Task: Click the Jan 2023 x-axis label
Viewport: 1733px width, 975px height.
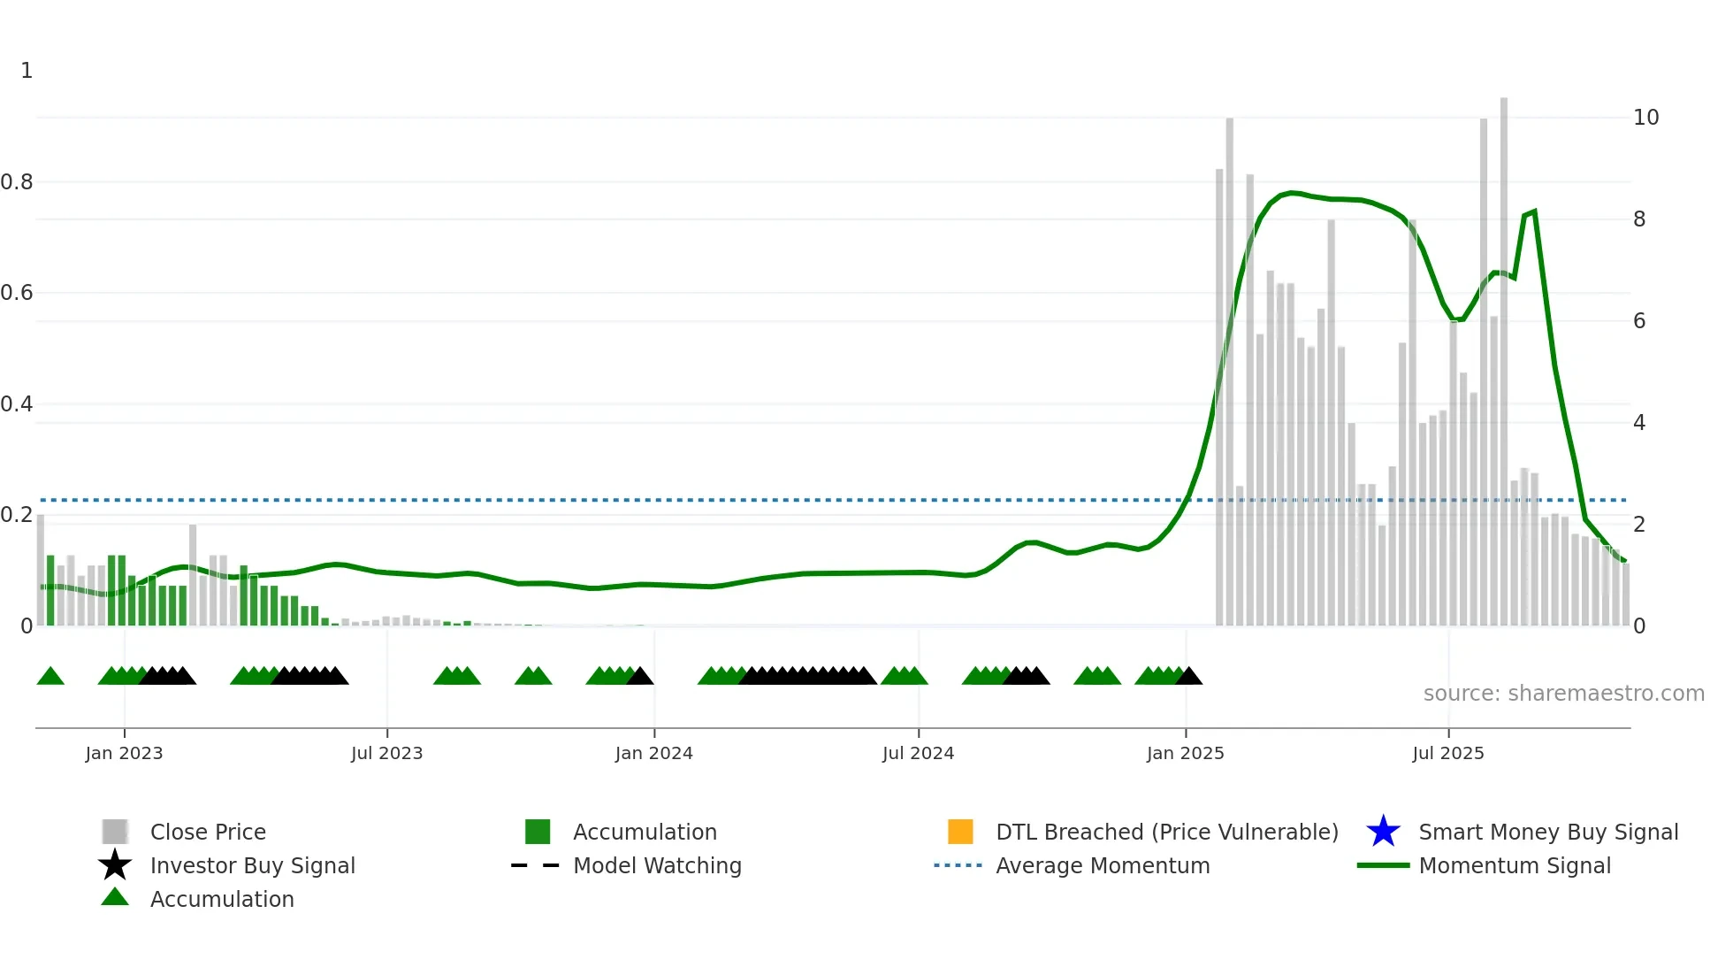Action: [x=124, y=753]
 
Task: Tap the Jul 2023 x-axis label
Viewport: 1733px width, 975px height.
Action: [x=386, y=753]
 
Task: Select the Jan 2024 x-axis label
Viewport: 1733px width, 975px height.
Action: [x=653, y=753]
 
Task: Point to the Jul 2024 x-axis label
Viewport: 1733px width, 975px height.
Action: [x=918, y=753]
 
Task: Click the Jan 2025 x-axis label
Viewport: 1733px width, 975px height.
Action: [x=1185, y=753]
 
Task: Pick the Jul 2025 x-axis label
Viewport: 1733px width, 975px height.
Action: [x=1447, y=753]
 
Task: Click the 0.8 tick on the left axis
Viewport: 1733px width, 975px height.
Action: [x=17, y=182]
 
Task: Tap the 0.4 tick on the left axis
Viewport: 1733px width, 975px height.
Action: [x=17, y=404]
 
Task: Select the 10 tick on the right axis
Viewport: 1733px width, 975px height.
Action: [x=1645, y=118]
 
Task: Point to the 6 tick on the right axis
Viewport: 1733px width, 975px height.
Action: [x=1639, y=321]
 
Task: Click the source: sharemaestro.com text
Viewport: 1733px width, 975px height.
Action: [x=1563, y=694]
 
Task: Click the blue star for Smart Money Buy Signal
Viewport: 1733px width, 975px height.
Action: [x=1383, y=832]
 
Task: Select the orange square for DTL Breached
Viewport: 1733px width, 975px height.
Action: [x=960, y=832]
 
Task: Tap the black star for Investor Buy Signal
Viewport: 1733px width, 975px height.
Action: [x=115, y=865]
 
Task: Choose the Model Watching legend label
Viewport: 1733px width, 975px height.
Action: [x=657, y=865]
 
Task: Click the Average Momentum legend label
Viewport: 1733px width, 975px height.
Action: [x=1103, y=865]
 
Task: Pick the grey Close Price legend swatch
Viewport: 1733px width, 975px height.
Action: [x=115, y=832]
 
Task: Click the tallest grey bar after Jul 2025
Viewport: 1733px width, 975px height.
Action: [x=1503, y=354]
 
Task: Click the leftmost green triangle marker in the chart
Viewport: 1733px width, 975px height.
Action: [x=50, y=677]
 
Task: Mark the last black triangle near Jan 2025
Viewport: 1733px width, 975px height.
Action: [x=1188, y=677]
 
